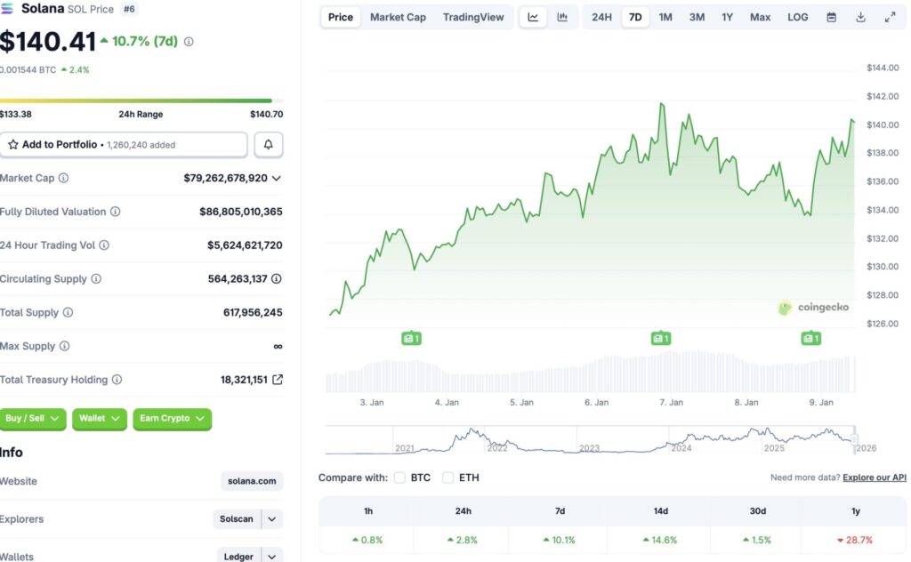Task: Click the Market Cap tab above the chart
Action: [x=398, y=17]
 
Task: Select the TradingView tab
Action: [x=473, y=17]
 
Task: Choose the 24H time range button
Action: [x=601, y=17]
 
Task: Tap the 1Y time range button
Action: [x=727, y=17]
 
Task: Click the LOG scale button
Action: [x=798, y=17]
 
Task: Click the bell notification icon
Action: [x=269, y=144]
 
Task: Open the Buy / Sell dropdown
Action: [x=33, y=418]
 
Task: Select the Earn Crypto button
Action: [x=172, y=418]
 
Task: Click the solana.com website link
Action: [x=252, y=481]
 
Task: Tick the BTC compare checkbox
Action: [x=399, y=478]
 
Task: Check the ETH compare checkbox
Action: [x=447, y=478]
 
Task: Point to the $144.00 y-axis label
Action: [x=882, y=68]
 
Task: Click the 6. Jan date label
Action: [x=596, y=402]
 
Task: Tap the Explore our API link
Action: [x=875, y=478]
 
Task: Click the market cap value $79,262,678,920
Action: [x=225, y=178]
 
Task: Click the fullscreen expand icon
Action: [x=890, y=17]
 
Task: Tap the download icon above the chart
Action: [x=860, y=17]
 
